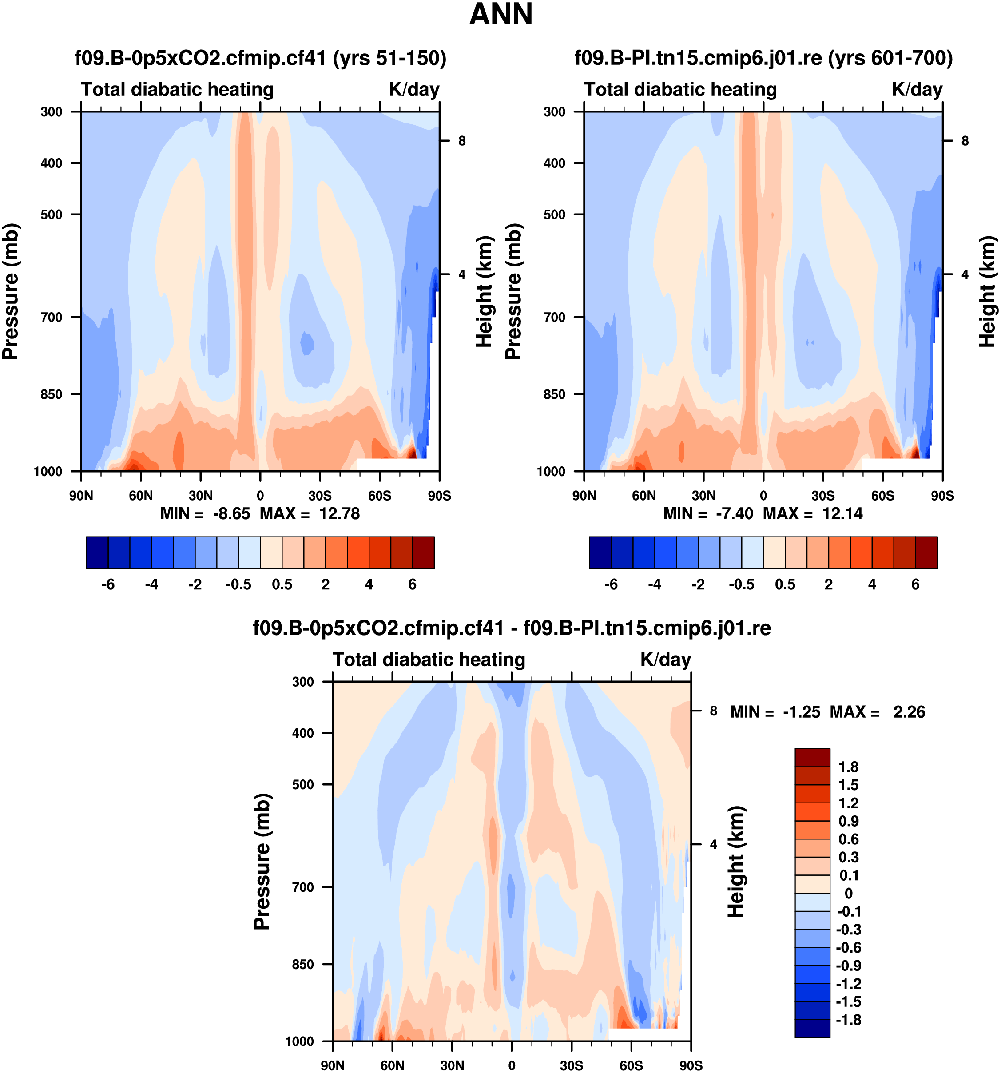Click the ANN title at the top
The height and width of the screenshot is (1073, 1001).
(x=501, y=15)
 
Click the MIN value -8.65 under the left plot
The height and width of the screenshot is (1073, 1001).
(x=231, y=513)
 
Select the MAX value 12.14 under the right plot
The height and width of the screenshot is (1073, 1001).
(x=842, y=513)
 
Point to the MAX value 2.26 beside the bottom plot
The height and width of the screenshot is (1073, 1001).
(x=909, y=712)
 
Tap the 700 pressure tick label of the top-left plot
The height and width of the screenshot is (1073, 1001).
(x=52, y=318)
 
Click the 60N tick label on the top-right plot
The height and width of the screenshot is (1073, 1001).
(x=644, y=496)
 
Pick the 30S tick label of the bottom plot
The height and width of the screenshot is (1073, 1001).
(x=572, y=1065)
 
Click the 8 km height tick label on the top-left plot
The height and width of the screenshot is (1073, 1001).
(x=462, y=141)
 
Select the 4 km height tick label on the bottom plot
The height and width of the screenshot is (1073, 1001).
(x=713, y=844)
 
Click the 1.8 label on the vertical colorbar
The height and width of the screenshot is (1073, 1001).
(x=848, y=767)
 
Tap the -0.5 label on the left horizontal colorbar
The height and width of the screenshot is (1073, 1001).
(x=238, y=584)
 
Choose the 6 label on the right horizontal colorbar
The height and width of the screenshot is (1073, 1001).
(x=915, y=584)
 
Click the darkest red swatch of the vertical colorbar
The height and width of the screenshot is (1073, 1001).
(x=812, y=757)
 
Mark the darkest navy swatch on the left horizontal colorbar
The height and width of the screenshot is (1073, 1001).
(x=97, y=552)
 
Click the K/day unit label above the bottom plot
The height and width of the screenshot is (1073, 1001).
(x=665, y=660)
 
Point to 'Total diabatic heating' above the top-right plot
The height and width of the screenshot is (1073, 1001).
(x=680, y=90)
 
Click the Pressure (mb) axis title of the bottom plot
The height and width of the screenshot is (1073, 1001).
(x=262, y=862)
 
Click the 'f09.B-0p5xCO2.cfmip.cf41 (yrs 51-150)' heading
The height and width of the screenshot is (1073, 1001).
(x=261, y=58)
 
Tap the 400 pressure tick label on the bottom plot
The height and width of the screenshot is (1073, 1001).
(x=303, y=733)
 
